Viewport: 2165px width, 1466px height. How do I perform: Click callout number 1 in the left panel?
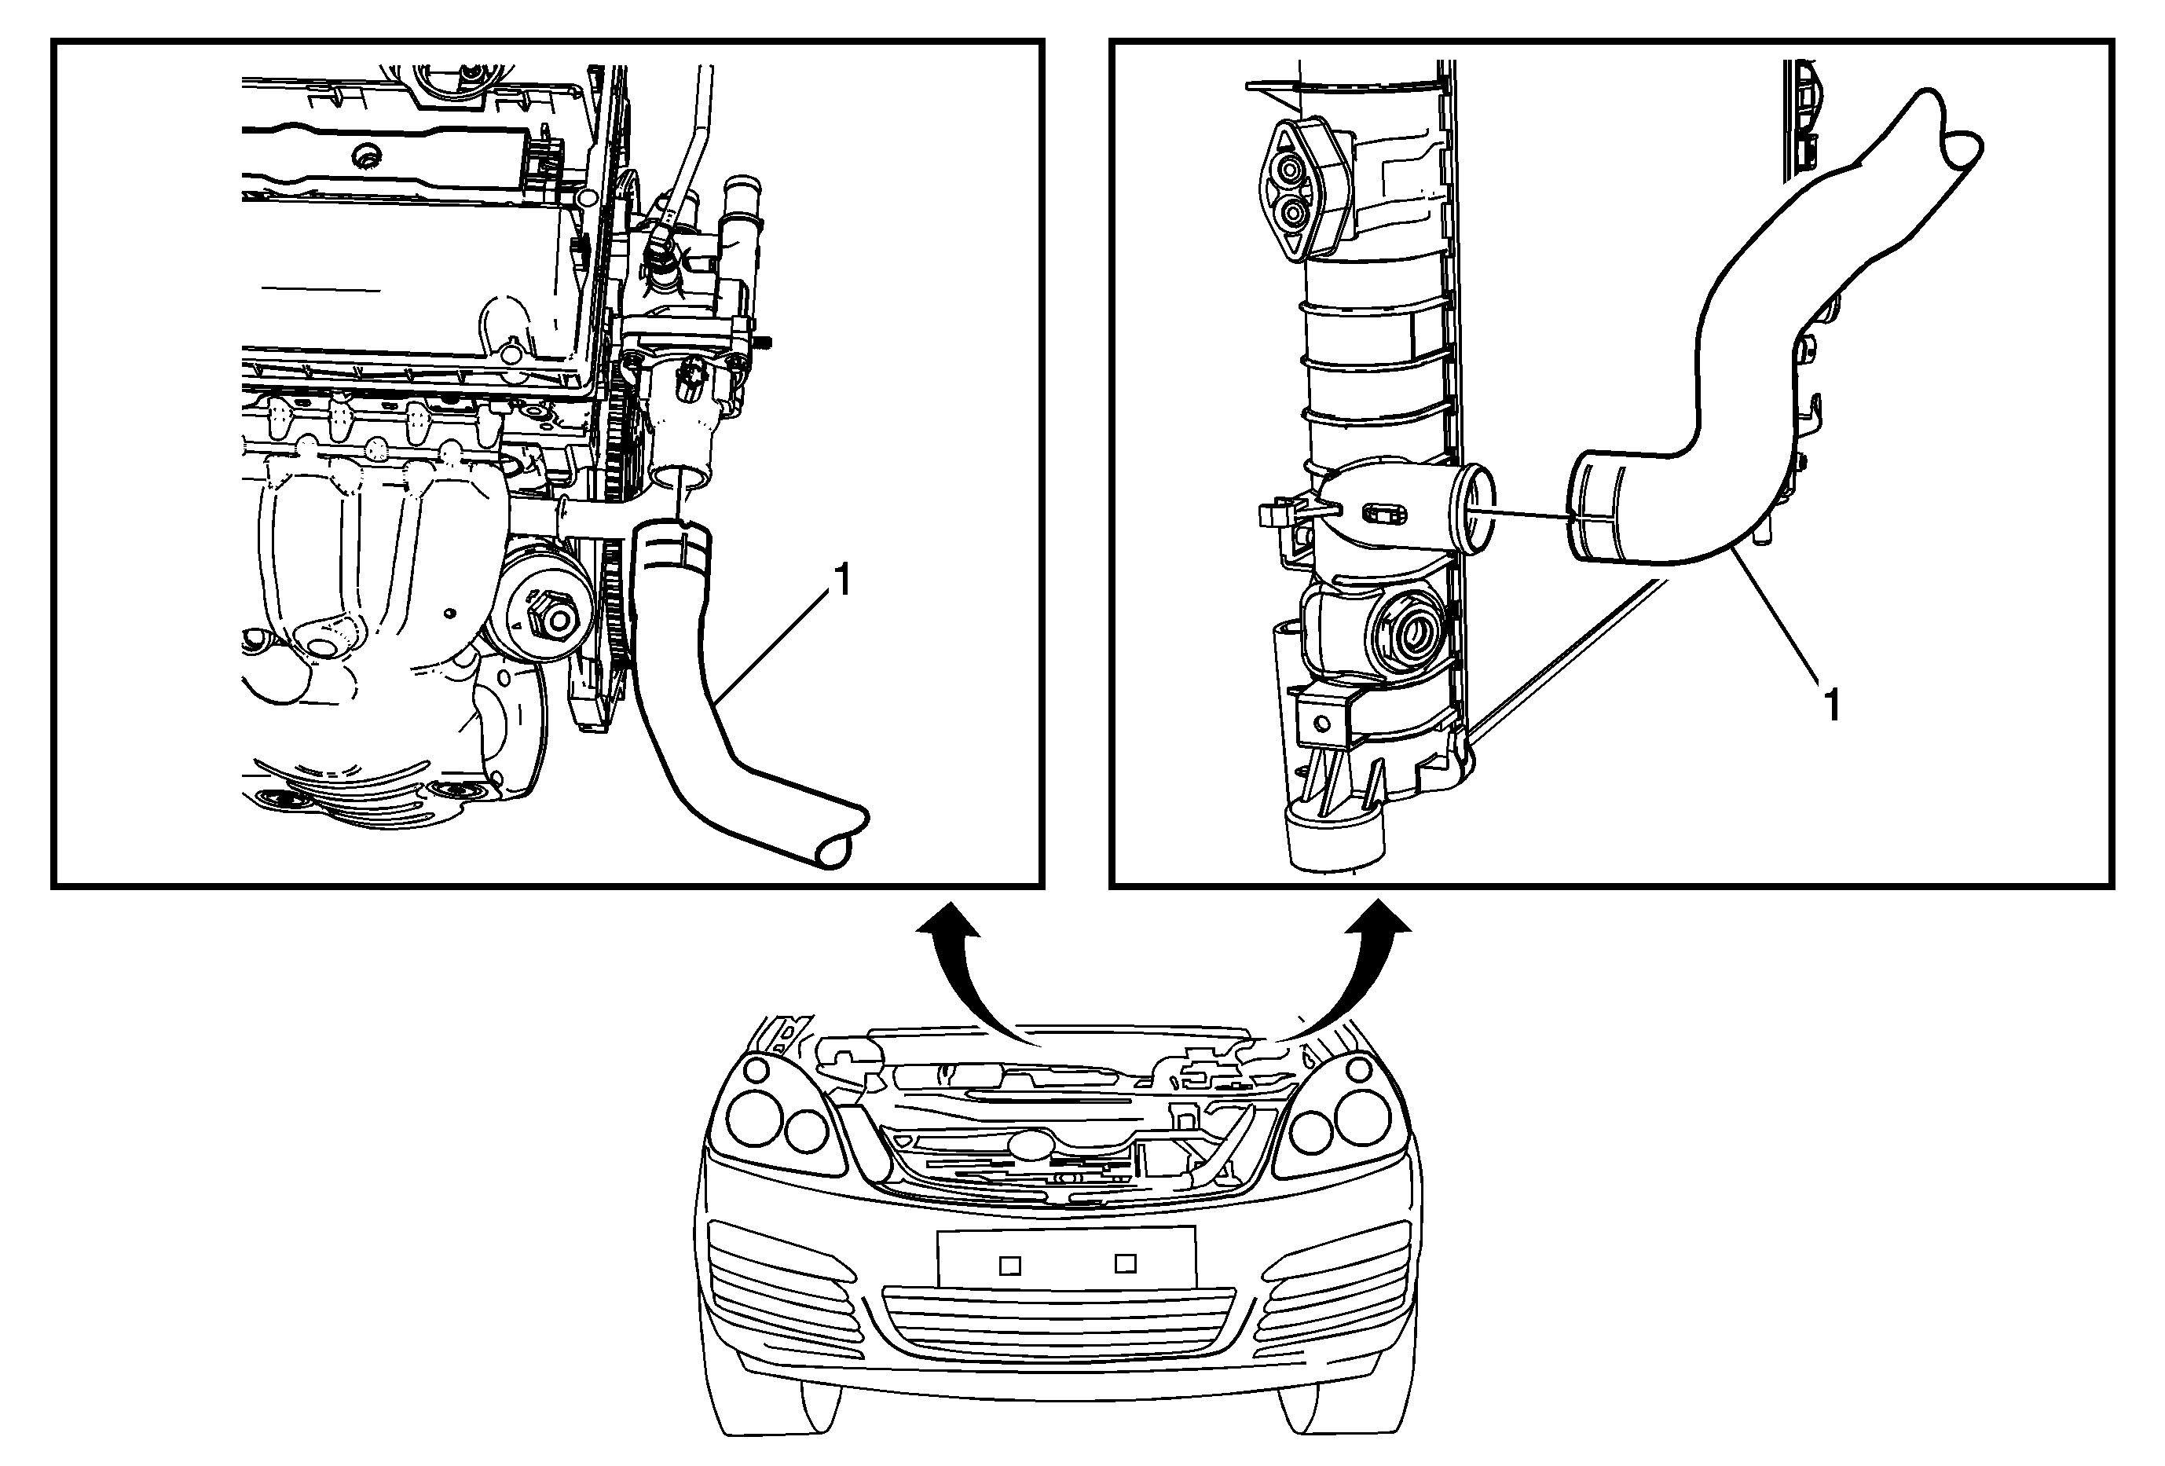841,581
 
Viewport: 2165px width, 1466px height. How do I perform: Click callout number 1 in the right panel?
1831,705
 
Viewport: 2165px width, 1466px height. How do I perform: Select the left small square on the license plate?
1010,1266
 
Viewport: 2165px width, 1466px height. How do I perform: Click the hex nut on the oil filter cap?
546,617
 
